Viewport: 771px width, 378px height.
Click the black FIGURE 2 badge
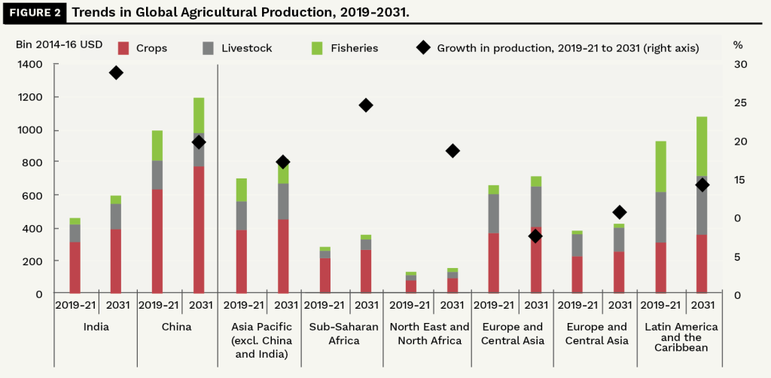(33, 13)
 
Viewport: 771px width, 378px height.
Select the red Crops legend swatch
(124, 48)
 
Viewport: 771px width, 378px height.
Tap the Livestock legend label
(247, 48)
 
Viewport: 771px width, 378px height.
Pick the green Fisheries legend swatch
(317, 48)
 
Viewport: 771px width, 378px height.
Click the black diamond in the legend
(423, 48)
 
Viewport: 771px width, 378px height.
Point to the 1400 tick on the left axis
(29, 65)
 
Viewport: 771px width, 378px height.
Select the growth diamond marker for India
(116, 72)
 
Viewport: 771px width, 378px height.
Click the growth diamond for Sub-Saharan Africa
(366, 105)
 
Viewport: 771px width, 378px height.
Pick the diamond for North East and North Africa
(453, 151)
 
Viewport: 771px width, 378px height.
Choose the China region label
(176, 328)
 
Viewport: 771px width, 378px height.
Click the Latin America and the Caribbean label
(681, 337)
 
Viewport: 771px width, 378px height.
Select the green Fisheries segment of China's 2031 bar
(199, 115)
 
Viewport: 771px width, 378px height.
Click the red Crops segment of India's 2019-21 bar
(75, 267)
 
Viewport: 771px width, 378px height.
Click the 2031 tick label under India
(116, 305)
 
